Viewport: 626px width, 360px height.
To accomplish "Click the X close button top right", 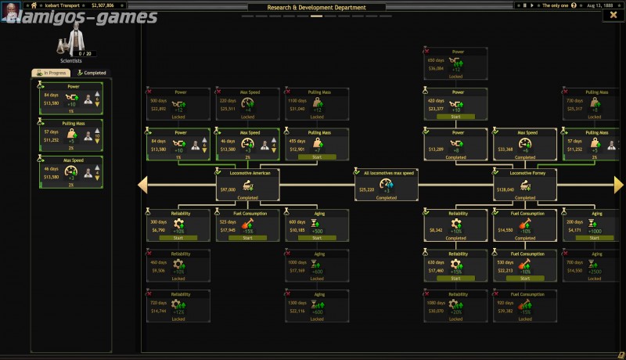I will click(x=613, y=16).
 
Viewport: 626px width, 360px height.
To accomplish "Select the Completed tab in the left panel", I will click(x=92, y=73).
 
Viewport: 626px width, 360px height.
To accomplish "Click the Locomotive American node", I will click(x=248, y=184).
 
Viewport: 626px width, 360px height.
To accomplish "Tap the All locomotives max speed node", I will click(x=387, y=184).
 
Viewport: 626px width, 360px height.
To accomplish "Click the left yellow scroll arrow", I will click(x=143, y=185).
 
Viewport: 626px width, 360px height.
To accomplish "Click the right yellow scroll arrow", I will click(x=619, y=185).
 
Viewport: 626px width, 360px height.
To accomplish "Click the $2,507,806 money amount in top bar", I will click(x=102, y=5).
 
